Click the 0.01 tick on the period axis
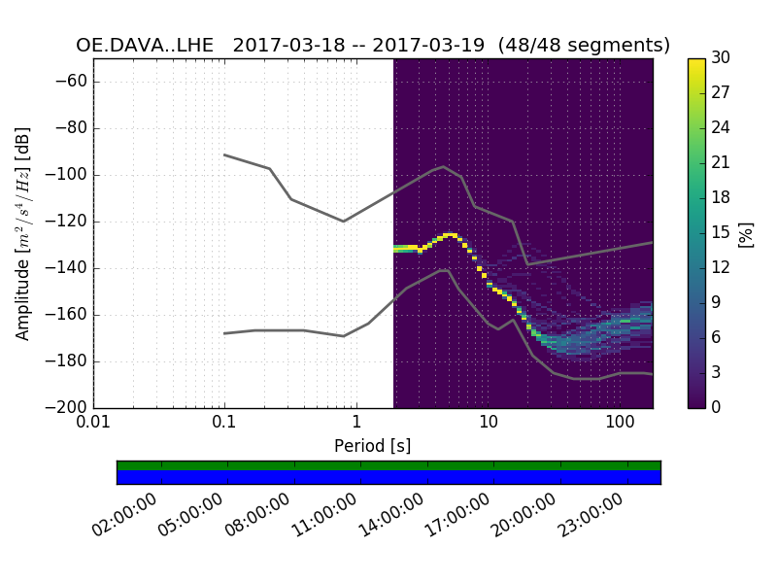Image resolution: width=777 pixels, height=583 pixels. [x=93, y=424]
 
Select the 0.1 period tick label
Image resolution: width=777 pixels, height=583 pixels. [x=224, y=424]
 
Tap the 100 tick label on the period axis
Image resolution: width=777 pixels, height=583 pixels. [x=620, y=424]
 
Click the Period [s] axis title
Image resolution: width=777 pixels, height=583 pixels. [x=373, y=446]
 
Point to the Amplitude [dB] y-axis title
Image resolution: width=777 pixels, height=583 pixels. [x=23, y=233]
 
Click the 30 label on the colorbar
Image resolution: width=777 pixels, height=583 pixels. [x=721, y=58]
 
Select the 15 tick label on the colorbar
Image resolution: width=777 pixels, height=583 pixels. [x=721, y=233]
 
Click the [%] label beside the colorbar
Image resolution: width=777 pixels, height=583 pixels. [x=746, y=233]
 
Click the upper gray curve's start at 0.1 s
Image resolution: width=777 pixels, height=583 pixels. [x=224, y=154]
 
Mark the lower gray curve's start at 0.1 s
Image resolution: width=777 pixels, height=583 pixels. [x=224, y=333]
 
